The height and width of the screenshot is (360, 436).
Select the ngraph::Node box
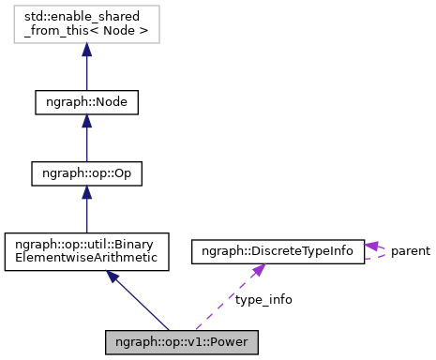tap(86, 101)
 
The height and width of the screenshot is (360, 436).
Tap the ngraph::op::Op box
tap(86, 172)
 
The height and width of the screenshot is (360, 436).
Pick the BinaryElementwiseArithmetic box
tap(86, 250)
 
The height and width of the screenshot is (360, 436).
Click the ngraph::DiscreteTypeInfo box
tap(277, 250)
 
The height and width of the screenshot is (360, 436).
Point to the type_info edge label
tap(263, 299)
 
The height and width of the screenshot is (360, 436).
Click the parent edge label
tap(410, 250)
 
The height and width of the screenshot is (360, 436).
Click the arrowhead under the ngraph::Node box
tap(86, 121)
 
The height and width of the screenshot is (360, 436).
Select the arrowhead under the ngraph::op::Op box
tap(86, 192)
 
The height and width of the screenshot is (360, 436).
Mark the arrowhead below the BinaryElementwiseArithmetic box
tap(113, 277)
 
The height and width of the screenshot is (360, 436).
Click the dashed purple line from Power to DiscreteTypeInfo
tap(225, 299)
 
